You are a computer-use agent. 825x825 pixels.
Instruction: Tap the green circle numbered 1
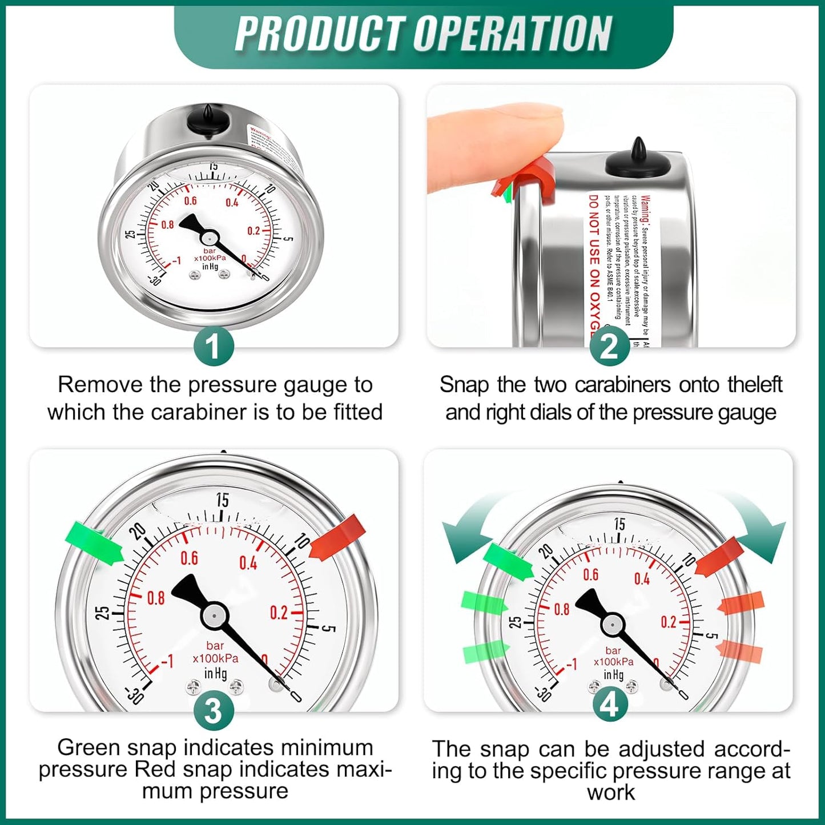tap(213, 346)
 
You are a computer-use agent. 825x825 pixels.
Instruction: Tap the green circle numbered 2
tap(609, 346)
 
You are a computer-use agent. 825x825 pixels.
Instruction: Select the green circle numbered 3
tap(213, 711)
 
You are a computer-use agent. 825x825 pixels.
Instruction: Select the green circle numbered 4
tap(609, 706)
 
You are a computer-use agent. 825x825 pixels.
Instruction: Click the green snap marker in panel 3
tap(94, 543)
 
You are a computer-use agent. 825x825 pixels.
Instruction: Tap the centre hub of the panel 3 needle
tap(214, 615)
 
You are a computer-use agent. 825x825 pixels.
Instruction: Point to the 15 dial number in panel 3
tap(222, 500)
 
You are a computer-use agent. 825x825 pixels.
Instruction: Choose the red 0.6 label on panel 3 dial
tap(189, 558)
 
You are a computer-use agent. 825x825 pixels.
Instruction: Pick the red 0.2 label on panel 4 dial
tap(668, 622)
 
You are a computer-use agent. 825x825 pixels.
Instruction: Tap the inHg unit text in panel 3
tap(215, 674)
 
